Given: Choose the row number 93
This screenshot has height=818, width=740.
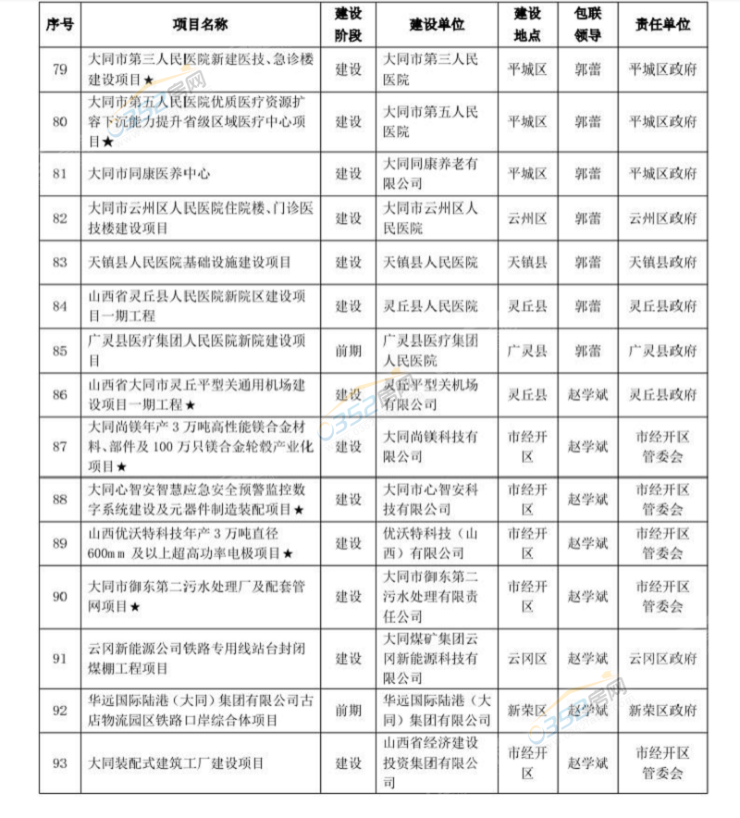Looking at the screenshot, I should click(x=60, y=763).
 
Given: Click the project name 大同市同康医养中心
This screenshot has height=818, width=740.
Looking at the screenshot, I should click(x=149, y=173).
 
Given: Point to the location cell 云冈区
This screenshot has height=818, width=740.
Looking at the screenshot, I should click(x=527, y=659).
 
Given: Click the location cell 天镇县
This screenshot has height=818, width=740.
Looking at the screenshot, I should click(x=527, y=263).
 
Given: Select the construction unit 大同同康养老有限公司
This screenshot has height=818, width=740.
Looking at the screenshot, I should click(x=431, y=173).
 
